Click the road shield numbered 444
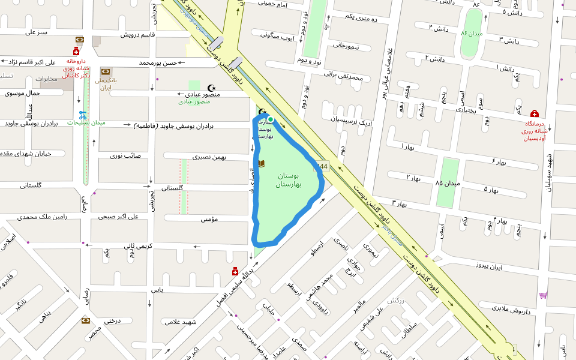coord(323,167)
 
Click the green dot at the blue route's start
coord(271,119)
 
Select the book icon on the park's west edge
coord(262,163)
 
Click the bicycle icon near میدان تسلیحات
coord(82,114)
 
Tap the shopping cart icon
coord(543,295)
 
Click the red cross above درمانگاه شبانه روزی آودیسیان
coord(534,114)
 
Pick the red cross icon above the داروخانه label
coord(76,52)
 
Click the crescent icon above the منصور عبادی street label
coord(211,88)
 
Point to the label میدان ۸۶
coord(472,34)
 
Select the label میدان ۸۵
coord(448,182)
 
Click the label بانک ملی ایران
coord(106,83)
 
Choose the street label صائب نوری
coord(125,155)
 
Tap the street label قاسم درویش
coord(137,35)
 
